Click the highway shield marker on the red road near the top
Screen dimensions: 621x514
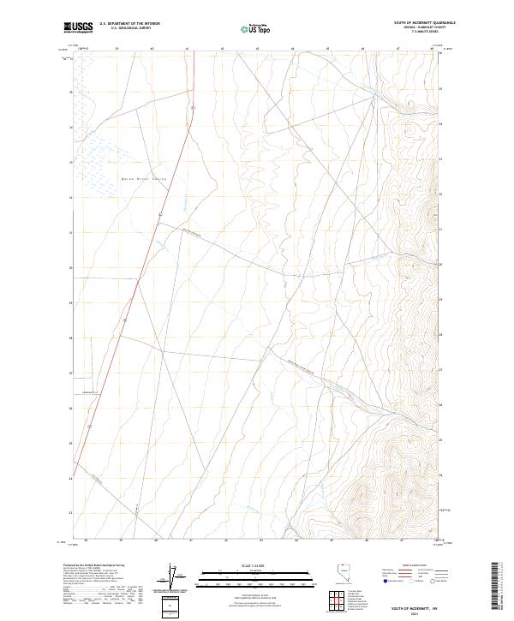tap(194, 108)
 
